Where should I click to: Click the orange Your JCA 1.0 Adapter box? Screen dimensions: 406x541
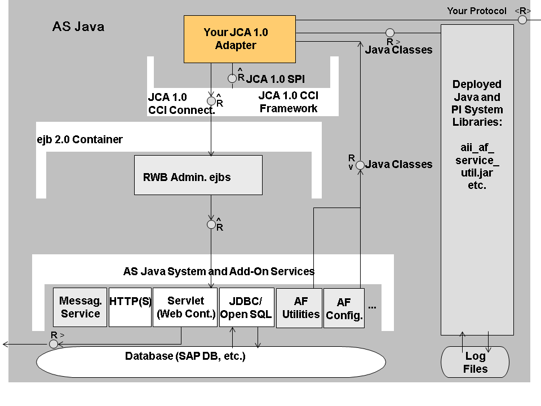240,39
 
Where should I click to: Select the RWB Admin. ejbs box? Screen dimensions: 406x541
198,175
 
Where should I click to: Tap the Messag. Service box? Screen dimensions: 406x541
80,307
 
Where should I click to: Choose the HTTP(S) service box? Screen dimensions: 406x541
130,307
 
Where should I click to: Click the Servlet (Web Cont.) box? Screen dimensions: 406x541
185,307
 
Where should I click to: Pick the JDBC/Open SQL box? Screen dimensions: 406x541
246,307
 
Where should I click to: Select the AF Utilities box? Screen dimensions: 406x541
299,308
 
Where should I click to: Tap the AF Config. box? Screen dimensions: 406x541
344,308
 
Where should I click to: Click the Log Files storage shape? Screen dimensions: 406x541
476,362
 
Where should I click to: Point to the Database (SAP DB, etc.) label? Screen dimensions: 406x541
185,356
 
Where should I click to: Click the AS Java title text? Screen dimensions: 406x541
78,27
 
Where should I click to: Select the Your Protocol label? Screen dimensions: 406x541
477,11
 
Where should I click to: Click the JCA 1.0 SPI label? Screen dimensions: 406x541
276,79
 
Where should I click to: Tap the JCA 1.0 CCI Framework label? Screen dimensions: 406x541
288,103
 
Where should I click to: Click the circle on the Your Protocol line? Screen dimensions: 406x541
522,20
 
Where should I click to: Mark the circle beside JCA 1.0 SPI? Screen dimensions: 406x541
232,78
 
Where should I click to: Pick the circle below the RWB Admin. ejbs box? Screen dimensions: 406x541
211,224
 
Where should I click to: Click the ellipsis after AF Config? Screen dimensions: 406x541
372,306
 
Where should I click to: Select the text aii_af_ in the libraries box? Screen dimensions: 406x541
477,147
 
